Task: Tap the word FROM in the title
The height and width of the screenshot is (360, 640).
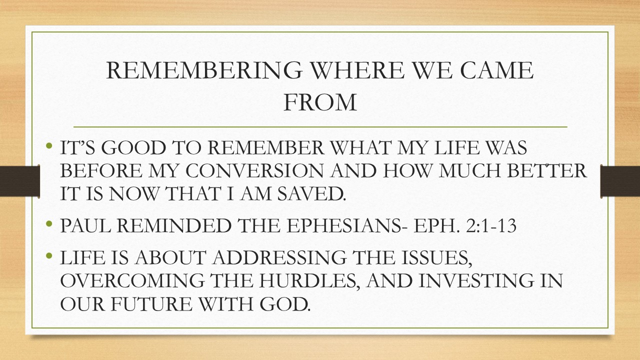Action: [x=320, y=101]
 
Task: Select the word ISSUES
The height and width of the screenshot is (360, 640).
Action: [x=434, y=258]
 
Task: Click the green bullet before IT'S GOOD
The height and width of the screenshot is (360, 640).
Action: [x=49, y=147]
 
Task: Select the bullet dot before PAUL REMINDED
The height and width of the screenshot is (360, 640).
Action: [x=49, y=224]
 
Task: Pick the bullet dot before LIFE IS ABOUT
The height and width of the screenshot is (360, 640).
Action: [x=49, y=256]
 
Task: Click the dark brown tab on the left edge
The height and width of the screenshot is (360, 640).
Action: [x=20, y=180]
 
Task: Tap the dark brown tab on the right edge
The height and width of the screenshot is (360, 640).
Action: [x=620, y=180]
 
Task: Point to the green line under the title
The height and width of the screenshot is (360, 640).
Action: [x=320, y=127]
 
